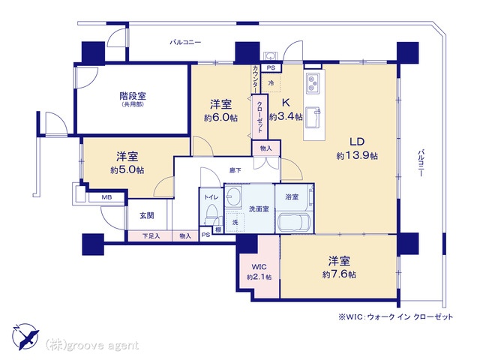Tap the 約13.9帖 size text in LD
[x=356, y=155]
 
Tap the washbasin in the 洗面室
[x=233, y=199]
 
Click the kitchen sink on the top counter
[x=313, y=80]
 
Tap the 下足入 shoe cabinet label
[x=151, y=236]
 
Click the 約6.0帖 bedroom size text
[x=220, y=118]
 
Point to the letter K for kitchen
[x=285, y=103]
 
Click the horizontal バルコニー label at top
[x=184, y=43]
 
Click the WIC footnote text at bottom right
[x=395, y=317]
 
